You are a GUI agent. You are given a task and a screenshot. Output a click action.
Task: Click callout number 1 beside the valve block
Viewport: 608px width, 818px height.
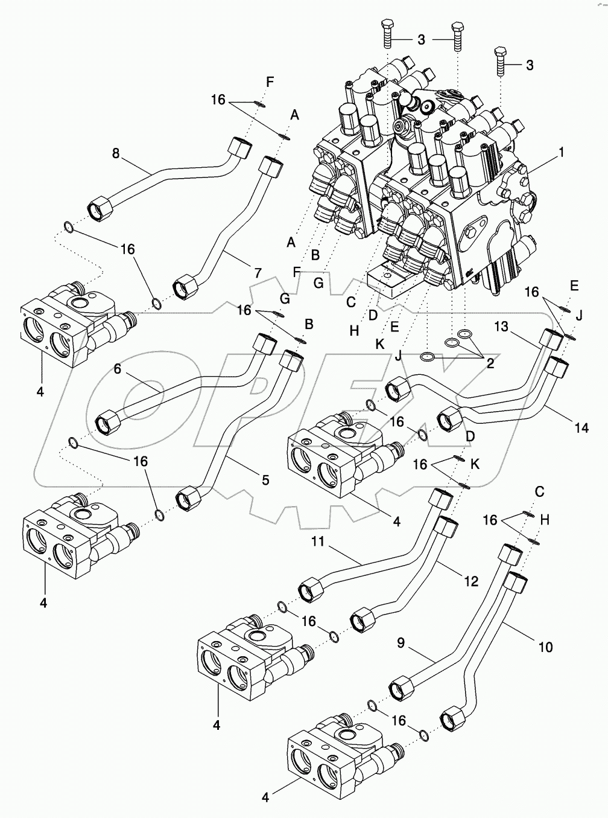[x=561, y=152]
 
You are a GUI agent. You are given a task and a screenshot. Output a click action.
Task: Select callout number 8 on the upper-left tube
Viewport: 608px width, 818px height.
[x=116, y=153]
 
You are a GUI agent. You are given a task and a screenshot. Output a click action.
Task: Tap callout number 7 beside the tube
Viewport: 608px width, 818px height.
[x=258, y=273]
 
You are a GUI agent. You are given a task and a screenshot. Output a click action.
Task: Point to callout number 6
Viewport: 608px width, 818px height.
[x=117, y=369]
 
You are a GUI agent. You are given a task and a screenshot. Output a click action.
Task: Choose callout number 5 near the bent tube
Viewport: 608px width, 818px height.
[x=265, y=480]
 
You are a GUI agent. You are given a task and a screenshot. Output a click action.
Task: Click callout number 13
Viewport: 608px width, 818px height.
[x=501, y=327]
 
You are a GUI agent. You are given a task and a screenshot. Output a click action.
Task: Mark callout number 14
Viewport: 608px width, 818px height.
[x=581, y=428]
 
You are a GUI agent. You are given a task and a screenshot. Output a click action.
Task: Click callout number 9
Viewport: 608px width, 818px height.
[x=401, y=643]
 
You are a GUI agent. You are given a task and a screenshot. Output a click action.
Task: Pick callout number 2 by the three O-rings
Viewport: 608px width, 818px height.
[x=490, y=364]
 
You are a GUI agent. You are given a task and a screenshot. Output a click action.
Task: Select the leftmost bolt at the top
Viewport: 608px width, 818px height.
[x=387, y=34]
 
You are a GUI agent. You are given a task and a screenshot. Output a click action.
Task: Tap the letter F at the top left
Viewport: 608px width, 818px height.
[x=270, y=82]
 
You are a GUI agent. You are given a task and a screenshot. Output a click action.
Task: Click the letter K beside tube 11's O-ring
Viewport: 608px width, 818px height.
[x=475, y=465]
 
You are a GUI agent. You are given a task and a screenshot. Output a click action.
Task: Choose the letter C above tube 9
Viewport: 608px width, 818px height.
[x=539, y=492]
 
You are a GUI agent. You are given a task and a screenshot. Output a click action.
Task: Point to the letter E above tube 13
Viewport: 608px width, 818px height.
[x=574, y=286]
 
